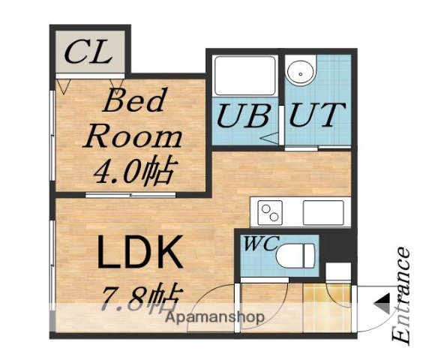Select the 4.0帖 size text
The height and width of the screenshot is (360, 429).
pyautogui.click(x=133, y=171)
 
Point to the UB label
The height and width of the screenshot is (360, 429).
pyautogui.click(x=243, y=116)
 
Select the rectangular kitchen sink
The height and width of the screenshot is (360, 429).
pyautogui.click(x=322, y=212)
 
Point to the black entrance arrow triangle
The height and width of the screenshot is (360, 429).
pyautogui.click(x=382, y=304)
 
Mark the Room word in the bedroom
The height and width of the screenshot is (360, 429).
pyautogui.click(x=133, y=136)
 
